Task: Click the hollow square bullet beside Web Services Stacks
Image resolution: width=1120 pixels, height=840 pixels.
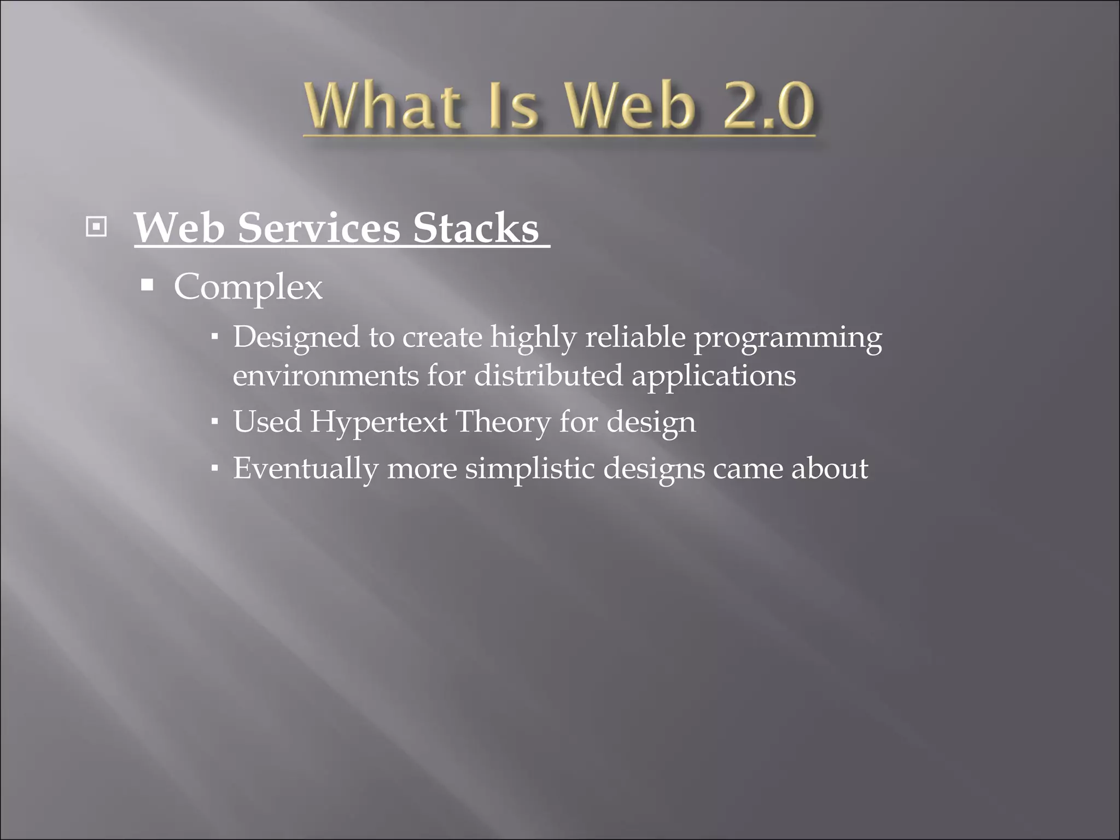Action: click(x=96, y=226)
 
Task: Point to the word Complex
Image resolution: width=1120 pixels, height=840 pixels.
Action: click(x=248, y=287)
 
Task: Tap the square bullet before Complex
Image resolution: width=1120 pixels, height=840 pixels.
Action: click(x=147, y=285)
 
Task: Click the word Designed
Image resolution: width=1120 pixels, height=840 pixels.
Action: click(x=296, y=337)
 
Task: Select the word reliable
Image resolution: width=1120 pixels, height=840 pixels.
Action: click(x=635, y=336)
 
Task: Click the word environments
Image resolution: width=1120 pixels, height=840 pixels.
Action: click(x=326, y=376)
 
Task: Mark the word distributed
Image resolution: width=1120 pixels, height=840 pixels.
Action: click(x=548, y=376)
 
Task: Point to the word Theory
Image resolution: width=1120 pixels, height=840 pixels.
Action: click(x=503, y=423)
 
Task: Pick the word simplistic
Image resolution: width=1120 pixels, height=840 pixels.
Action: click(x=529, y=469)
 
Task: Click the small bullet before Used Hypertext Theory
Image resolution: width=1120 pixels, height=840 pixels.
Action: click(x=215, y=422)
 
